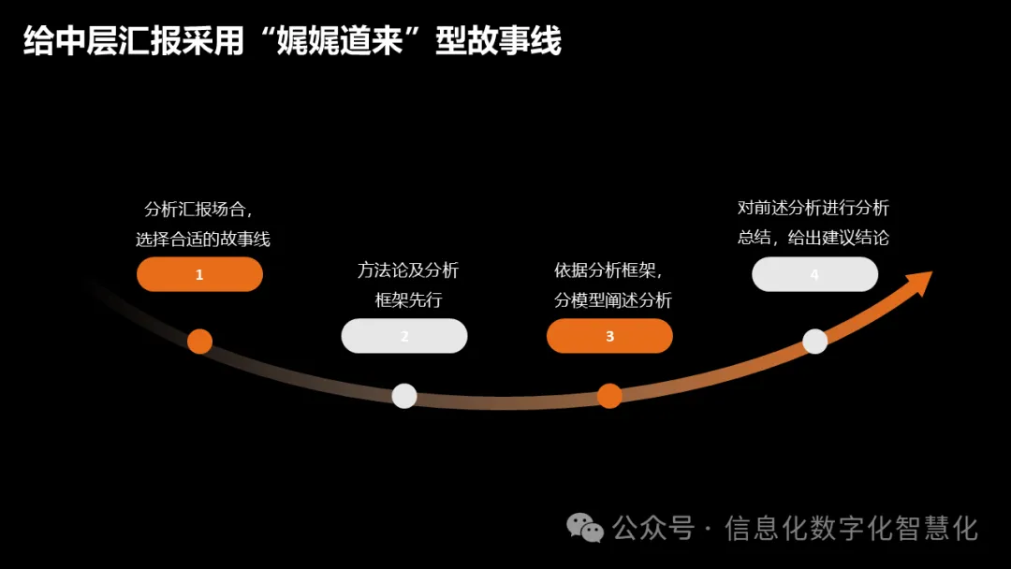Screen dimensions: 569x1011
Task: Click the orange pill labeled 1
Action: coord(199,274)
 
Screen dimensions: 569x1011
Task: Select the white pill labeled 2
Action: coord(404,336)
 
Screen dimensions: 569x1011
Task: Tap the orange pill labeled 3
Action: coord(609,336)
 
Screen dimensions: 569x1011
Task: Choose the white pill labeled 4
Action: coord(814,274)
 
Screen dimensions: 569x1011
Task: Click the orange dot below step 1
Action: coord(199,341)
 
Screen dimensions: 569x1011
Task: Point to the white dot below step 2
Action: coord(404,396)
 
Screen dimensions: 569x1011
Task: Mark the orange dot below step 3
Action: coord(609,396)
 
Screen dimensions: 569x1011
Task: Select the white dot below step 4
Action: coord(815,342)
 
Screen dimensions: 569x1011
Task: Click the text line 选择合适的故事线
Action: coord(203,240)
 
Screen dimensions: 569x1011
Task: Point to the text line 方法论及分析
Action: coord(408,270)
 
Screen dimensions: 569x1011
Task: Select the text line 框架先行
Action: coord(408,300)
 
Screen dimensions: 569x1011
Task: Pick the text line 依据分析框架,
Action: coord(609,270)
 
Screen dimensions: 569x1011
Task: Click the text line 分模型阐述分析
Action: coord(613,300)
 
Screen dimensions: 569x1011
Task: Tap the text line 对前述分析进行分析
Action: coord(813,208)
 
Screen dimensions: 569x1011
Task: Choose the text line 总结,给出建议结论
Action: coord(813,238)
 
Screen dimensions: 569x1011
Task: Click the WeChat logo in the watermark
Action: coord(586,528)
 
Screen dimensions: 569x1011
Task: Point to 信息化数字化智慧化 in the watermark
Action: coord(851,529)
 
